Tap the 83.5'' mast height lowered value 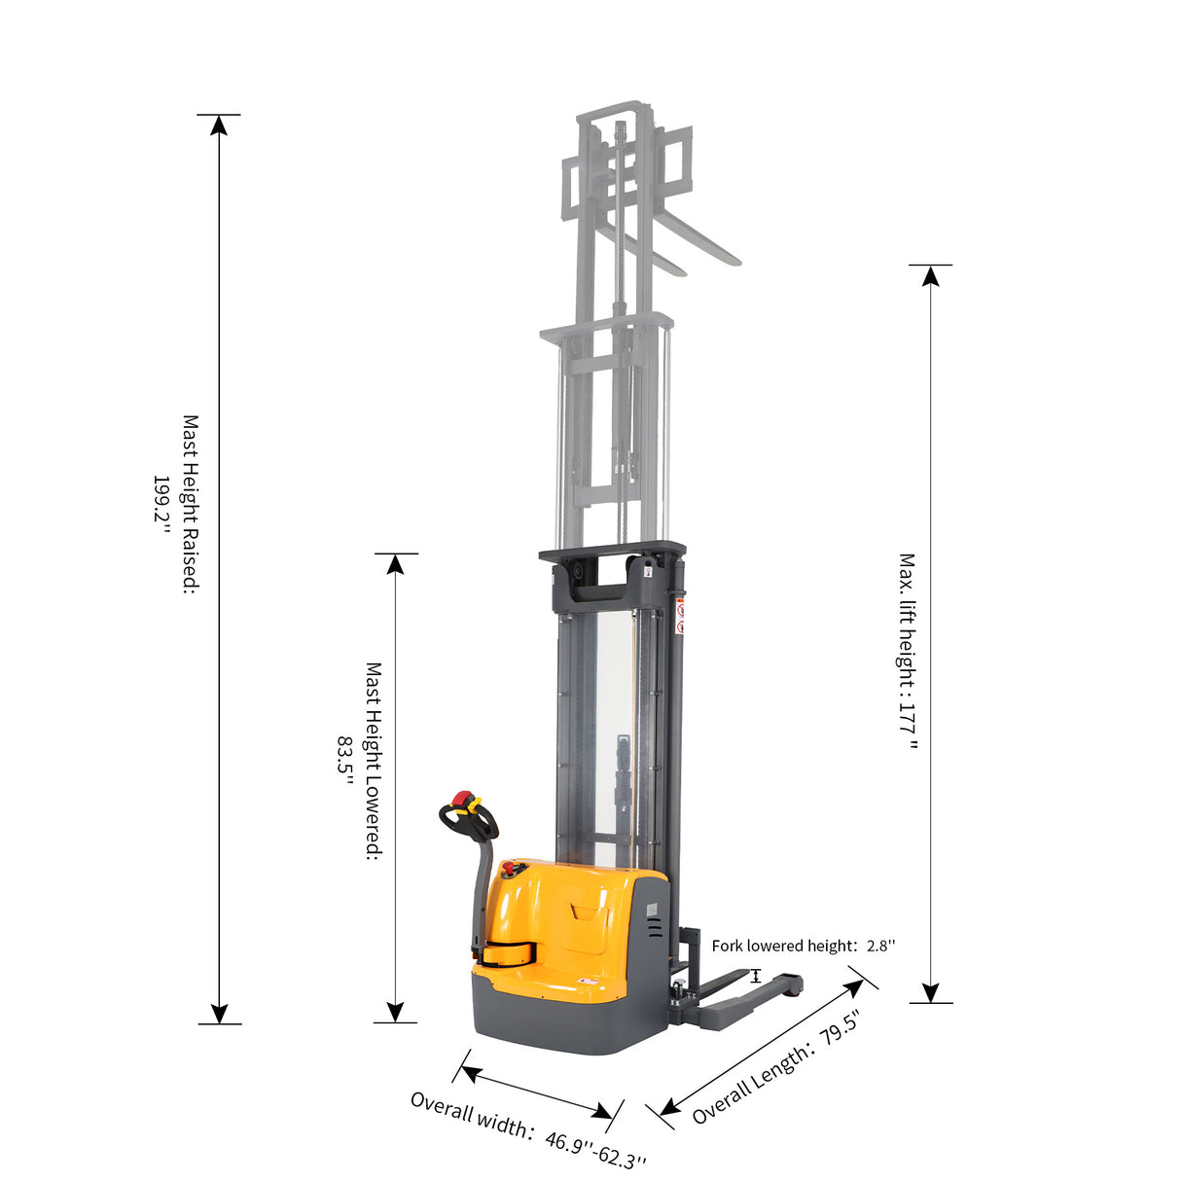(x=344, y=755)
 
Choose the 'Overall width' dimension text (x=471, y=1114)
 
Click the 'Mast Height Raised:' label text (x=190, y=504)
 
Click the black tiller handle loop (x=470, y=824)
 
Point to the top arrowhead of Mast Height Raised (x=219, y=125)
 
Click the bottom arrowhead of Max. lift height (x=931, y=991)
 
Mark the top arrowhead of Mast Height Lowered (x=395, y=565)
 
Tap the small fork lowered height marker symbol (x=756, y=975)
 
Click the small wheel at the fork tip (x=795, y=988)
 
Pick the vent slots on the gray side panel (x=655, y=929)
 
